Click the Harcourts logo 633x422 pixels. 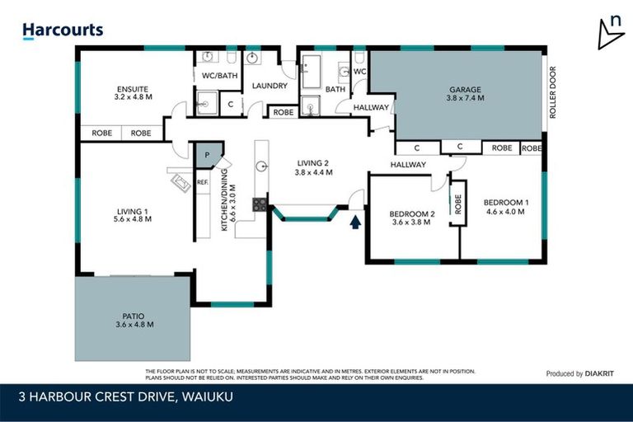pos(63,30)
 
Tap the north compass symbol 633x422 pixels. pos(611,33)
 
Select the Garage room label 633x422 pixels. pos(465,93)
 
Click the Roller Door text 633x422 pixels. pos(553,91)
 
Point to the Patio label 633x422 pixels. pos(134,320)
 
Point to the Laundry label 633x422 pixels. pos(270,86)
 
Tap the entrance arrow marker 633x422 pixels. pos(355,222)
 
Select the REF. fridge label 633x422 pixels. pos(202,183)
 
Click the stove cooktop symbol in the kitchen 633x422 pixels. pos(259,204)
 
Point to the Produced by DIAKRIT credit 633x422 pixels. pos(575,373)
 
